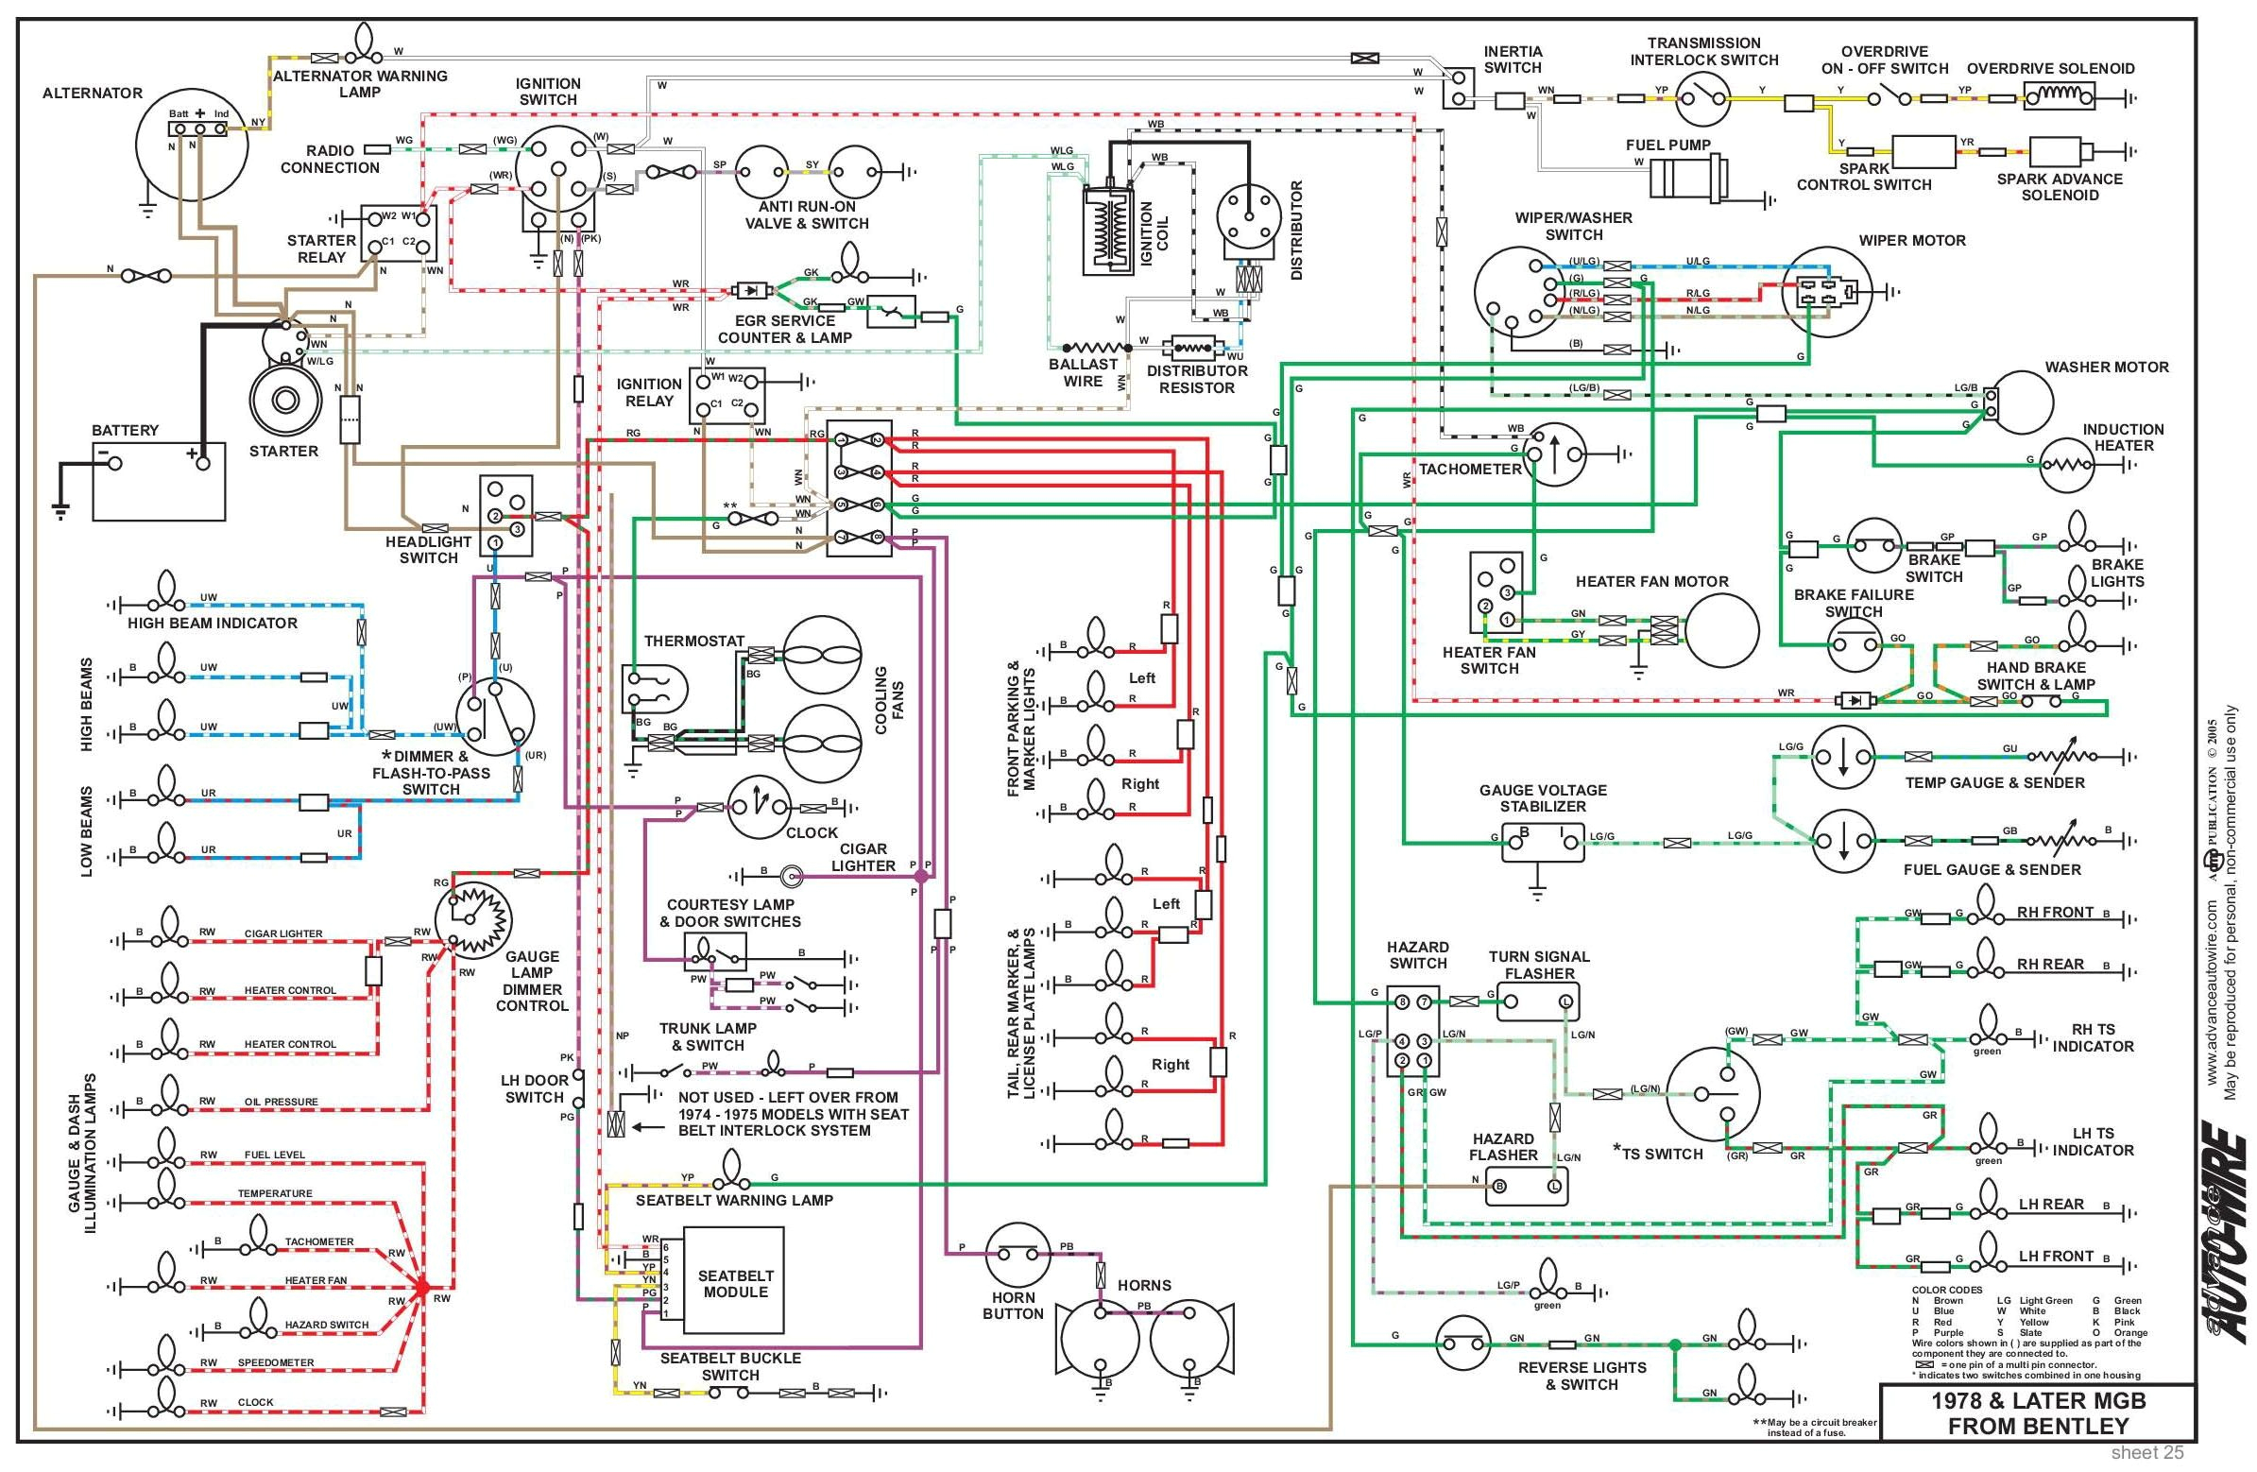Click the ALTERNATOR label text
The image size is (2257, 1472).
click(92, 93)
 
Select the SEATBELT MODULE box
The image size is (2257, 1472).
click(735, 1283)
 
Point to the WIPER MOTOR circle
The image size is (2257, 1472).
click(1823, 292)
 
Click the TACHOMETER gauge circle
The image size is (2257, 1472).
click(1552, 454)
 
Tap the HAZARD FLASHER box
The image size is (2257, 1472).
click(1526, 1186)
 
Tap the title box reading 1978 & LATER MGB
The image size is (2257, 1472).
click(2037, 1413)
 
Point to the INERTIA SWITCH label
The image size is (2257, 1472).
click(1513, 59)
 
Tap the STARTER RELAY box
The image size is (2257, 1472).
click(400, 233)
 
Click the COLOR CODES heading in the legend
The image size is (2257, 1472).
click(1946, 1290)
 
